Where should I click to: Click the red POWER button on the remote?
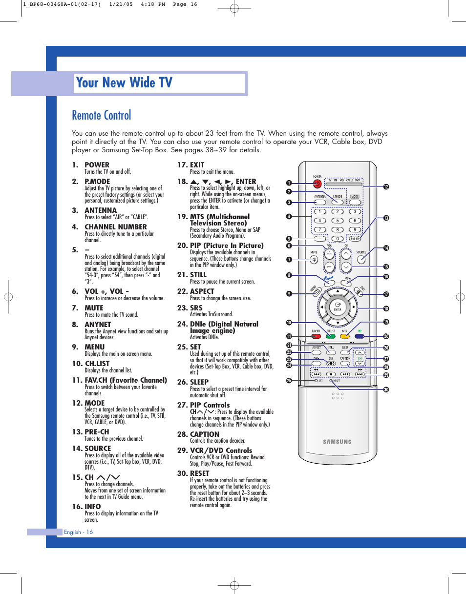(318, 184)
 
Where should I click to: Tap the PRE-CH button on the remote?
(354, 239)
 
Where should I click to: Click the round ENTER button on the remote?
(338, 308)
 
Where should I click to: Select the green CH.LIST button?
(331, 336)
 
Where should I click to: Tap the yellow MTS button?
(345, 336)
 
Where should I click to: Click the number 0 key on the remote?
(337, 239)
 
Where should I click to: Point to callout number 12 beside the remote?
(385, 186)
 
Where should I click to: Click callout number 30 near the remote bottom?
(385, 389)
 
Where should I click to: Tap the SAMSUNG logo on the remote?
(337, 442)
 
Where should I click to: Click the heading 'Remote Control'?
(102, 115)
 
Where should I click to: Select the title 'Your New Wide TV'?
(125, 83)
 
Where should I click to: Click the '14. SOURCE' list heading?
(91, 448)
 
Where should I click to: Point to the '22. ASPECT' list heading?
(195, 291)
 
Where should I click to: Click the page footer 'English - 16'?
(78, 532)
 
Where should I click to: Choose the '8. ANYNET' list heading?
(91, 325)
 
